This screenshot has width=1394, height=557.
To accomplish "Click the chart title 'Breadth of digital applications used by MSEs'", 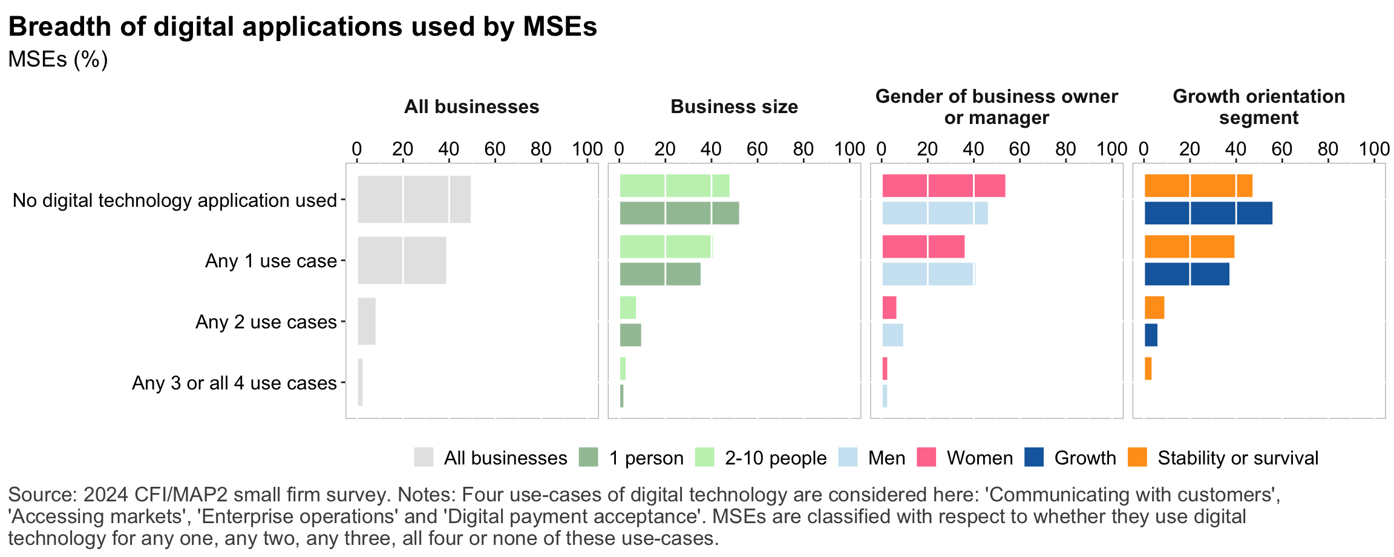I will click(x=303, y=27).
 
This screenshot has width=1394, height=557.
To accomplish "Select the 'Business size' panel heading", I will click(x=734, y=107).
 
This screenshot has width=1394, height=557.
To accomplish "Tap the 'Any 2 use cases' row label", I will click(x=266, y=322).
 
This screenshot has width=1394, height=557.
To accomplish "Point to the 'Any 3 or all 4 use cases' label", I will click(x=234, y=383).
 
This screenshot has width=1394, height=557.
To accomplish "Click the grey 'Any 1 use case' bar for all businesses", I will click(x=402, y=260).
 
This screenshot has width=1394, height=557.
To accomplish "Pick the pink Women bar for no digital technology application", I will click(x=943, y=186).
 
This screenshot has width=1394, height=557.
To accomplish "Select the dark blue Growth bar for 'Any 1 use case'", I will click(x=1186, y=274).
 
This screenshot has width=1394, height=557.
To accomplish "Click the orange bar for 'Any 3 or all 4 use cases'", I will click(x=1148, y=369).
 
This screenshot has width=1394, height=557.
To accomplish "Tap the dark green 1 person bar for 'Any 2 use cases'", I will click(x=630, y=335).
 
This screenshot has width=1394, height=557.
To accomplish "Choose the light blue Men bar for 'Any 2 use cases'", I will click(x=892, y=335).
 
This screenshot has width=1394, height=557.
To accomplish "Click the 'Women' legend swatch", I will click(x=926, y=457).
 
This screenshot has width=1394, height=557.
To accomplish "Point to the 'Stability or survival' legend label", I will click(x=1237, y=458).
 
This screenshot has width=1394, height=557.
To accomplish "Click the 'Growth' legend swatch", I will click(x=1034, y=457).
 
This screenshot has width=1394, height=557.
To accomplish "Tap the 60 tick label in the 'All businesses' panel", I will click(x=495, y=149).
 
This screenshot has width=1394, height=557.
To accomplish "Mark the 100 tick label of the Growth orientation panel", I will click(x=1374, y=149).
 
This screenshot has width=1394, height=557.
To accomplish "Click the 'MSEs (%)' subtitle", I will click(x=58, y=59).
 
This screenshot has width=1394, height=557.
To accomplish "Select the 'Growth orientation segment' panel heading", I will click(x=1258, y=107).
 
